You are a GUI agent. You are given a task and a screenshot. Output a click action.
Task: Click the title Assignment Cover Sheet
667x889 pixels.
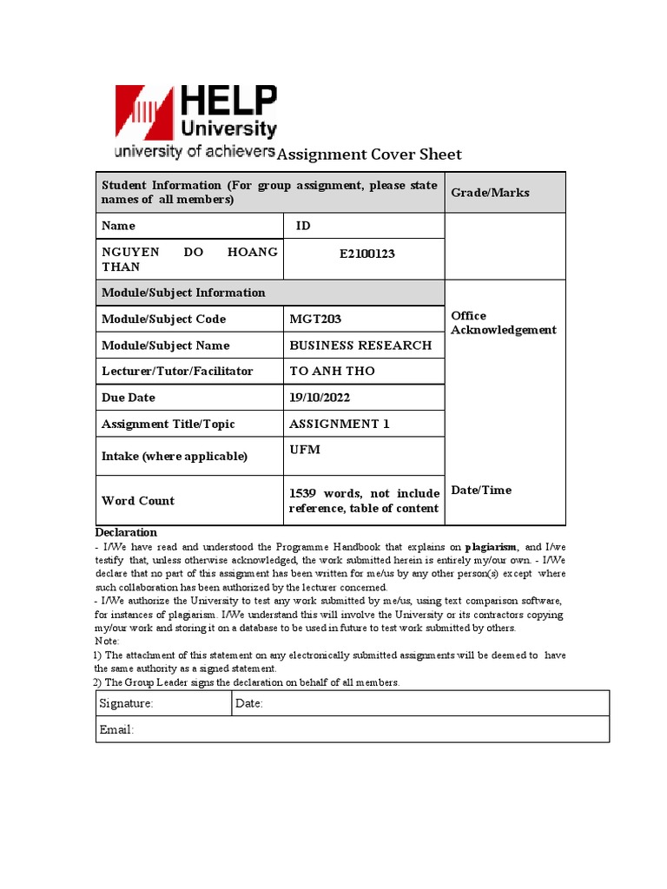[369, 155]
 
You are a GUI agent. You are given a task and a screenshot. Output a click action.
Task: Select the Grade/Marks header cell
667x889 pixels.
[490, 193]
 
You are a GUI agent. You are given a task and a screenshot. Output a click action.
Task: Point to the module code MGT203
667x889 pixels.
[315, 319]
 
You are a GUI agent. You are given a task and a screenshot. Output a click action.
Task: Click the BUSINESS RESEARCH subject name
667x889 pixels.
[360, 346]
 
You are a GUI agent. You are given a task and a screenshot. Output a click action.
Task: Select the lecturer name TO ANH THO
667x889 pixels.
[332, 372]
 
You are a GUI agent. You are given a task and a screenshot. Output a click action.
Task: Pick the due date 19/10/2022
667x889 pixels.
[320, 398]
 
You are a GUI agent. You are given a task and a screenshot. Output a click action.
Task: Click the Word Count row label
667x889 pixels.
[138, 501]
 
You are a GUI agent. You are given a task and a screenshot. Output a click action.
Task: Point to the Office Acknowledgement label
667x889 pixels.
[504, 323]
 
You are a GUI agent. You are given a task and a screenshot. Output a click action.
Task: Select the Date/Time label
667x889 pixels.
[481, 491]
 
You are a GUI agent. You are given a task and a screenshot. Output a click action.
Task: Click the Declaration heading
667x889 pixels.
[126, 532]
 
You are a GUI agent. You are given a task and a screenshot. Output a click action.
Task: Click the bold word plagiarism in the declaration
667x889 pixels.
[492, 548]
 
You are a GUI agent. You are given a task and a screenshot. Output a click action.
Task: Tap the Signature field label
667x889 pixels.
[127, 703]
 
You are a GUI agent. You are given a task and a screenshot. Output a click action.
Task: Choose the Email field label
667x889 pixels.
[117, 730]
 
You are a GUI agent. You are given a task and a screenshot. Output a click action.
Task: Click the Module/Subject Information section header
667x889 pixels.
[183, 293]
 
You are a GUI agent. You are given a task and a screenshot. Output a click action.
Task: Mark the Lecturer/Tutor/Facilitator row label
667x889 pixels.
[177, 372]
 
